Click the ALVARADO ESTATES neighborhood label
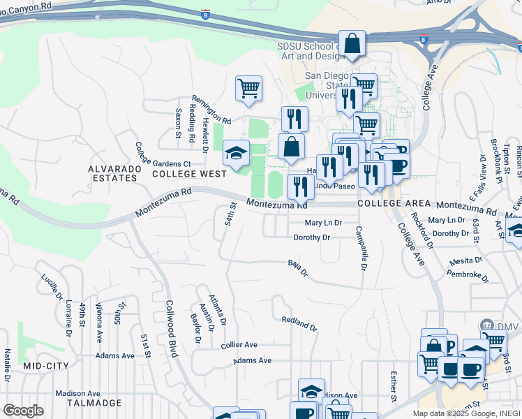pyautogui.click(x=112, y=173)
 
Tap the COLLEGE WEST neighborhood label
pyautogui.click(x=188, y=173)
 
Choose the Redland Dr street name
pyautogui.click(x=299, y=324)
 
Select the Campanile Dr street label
pyautogui.click(x=360, y=248)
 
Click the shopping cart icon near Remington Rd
pyautogui.click(x=248, y=89)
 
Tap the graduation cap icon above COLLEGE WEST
pyautogui.click(x=236, y=153)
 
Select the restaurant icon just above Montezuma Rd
pyautogui.click(x=301, y=186)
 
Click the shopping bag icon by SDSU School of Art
pyautogui.click(x=352, y=43)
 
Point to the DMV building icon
pyautogui.click(x=486, y=325)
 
